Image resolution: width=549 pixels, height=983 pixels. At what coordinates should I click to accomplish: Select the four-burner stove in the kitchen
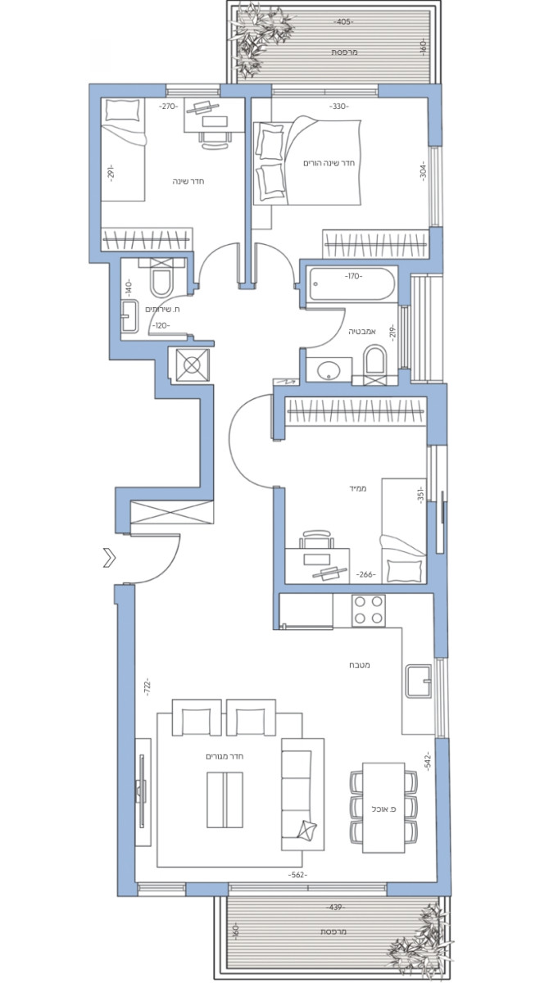coord(368,610)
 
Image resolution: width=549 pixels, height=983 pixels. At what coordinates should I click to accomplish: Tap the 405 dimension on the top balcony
coord(343,21)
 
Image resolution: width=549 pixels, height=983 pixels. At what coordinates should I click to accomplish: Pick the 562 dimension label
coord(297,876)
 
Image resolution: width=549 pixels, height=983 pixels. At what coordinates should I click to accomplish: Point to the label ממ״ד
coord(356,488)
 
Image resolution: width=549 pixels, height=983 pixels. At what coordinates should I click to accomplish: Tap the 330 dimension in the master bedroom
coord(339,106)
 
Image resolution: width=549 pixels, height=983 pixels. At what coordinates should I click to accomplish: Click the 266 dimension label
coord(366,575)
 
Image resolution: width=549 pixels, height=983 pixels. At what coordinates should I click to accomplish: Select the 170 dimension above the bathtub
coord(353,277)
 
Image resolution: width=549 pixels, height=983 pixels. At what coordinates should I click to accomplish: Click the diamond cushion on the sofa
coord(308,831)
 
